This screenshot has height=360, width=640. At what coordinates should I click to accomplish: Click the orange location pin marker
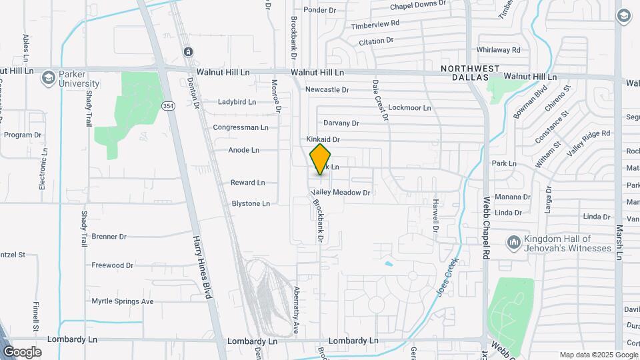pyautogui.click(x=321, y=159)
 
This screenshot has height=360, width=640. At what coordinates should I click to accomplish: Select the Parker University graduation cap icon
pyautogui.click(x=48, y=79)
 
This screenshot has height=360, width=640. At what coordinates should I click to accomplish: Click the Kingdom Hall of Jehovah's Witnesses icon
pyautogui.click(x=513, y=243)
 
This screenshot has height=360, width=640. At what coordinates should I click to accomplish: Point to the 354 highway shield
pyautogui.click(x=168, y=106)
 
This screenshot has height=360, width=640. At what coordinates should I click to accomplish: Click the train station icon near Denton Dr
pyautogui.click(x=189, y=51)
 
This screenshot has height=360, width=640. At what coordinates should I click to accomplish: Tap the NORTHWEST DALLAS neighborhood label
pyautogui.click(x=471, y=73)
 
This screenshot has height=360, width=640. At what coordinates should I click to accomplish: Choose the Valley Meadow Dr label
pyautogui.click(x=340, y=193)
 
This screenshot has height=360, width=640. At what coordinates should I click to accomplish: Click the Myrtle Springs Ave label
pyautogui.click(x=123, y=301)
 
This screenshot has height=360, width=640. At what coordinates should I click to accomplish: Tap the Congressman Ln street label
pyautogui.click(x=241, y=127)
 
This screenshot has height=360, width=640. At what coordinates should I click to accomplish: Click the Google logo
pyautogui.click(x=22, y=352)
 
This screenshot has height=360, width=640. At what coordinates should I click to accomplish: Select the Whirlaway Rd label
pyautogui.click(x=498, y=50)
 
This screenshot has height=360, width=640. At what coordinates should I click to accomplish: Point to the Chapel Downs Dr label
pyautogui.click(x=418, y=5)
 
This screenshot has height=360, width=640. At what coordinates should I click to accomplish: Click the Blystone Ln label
pyautogui.click(x=251, y=203)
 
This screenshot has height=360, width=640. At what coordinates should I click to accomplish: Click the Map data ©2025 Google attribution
pyautogui.click(x=598, y=355)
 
